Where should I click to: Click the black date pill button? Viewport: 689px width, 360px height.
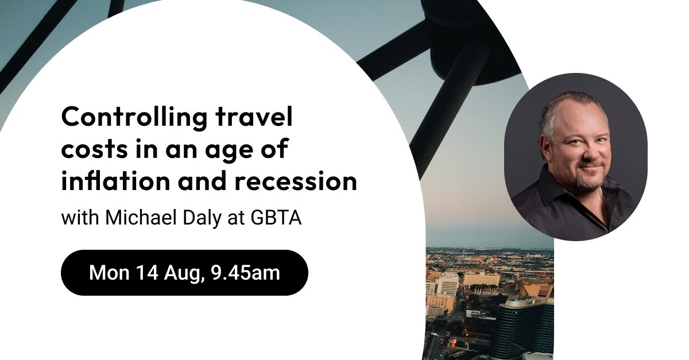tap(184, 273)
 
